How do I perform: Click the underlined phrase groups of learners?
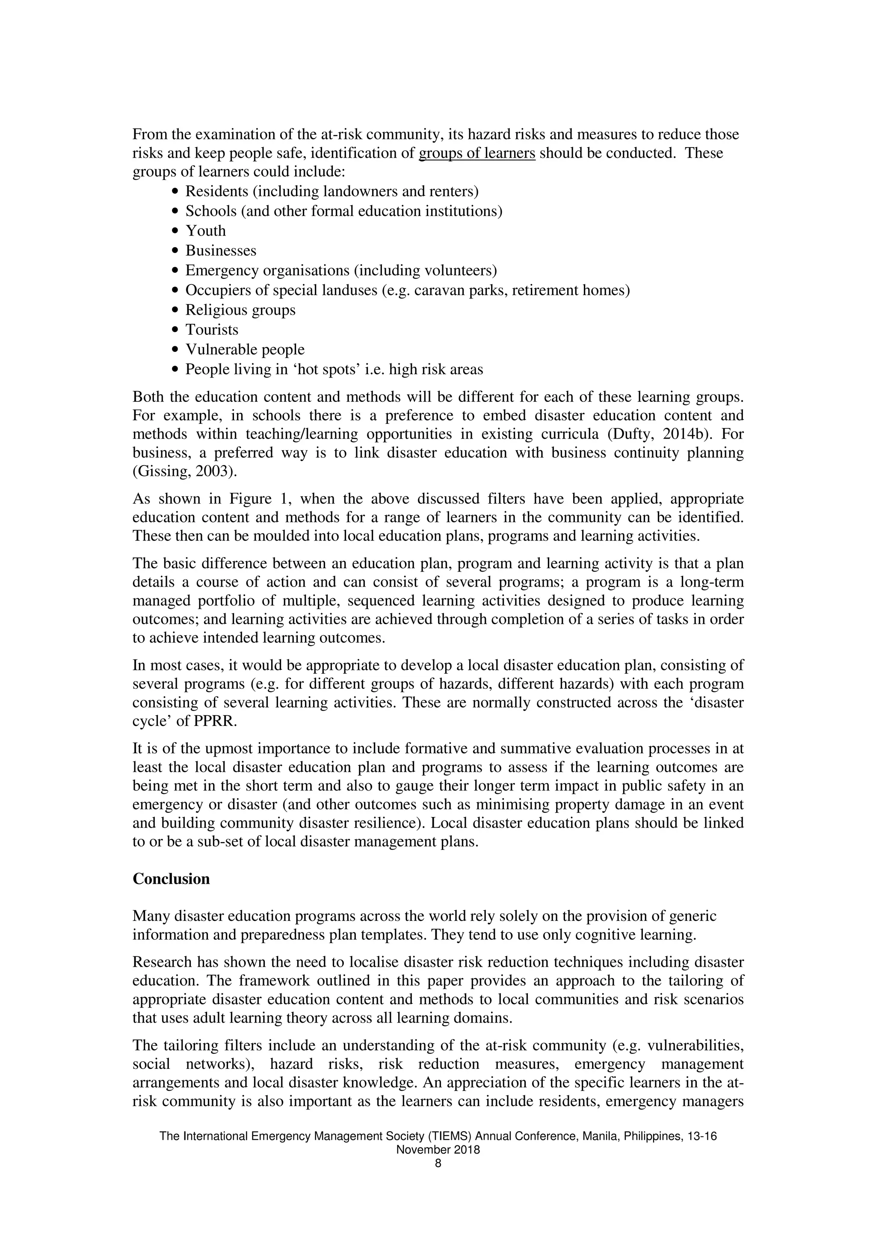(477, 153)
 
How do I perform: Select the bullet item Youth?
(206, 231)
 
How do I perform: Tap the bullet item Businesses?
(221, 251)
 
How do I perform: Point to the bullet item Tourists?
(212, 330)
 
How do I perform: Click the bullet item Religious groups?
(240, 310)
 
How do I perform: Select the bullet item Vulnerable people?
(245, 350)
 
